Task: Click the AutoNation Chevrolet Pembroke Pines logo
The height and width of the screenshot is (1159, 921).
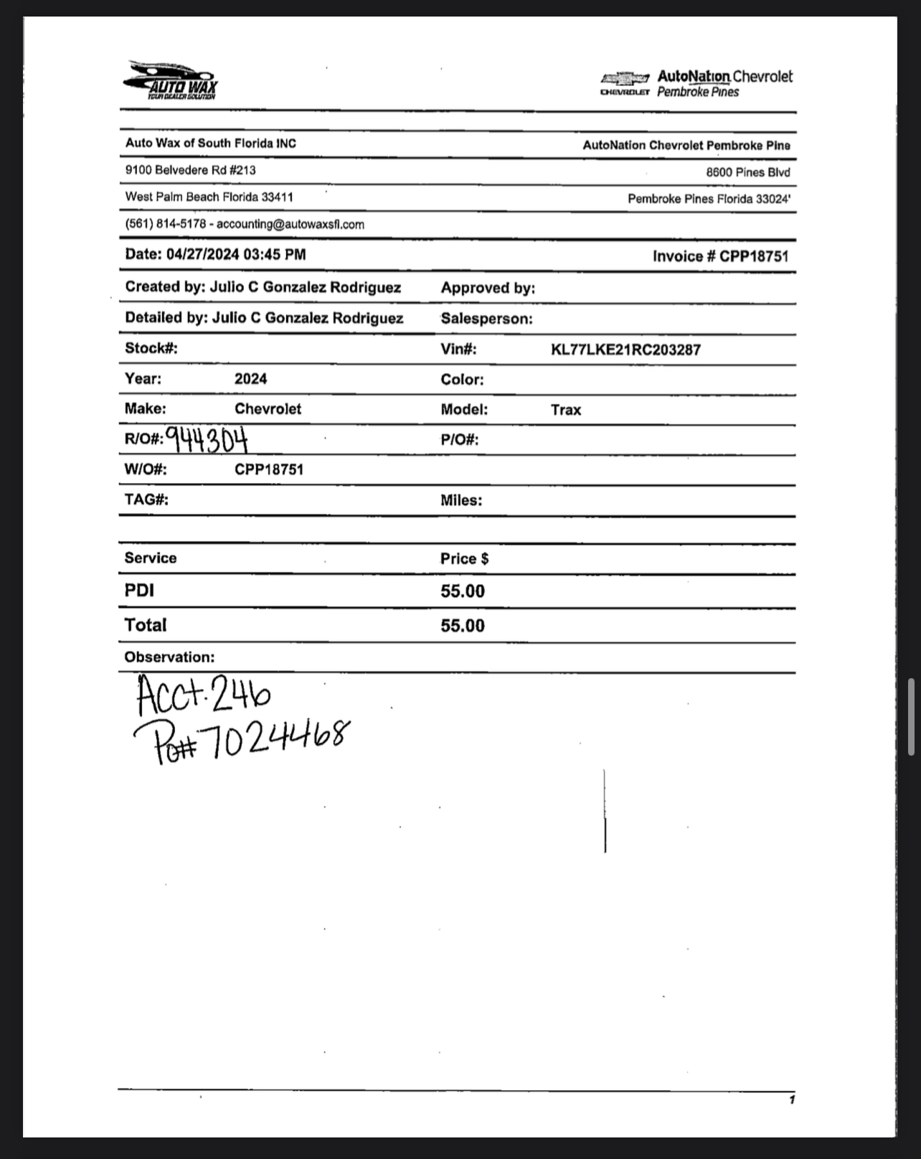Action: pos(696,83)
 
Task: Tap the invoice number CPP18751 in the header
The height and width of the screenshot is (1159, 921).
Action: pos(753,256)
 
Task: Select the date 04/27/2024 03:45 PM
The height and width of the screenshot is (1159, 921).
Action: pos(236,254)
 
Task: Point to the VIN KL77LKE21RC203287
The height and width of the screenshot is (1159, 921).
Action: pos(625,350)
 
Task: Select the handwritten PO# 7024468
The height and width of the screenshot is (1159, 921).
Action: pos(242,739)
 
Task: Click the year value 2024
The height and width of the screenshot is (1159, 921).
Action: pos(250,379)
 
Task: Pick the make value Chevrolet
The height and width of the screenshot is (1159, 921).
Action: pos(268,409)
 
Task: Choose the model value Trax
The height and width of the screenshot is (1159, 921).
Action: pos(566,410)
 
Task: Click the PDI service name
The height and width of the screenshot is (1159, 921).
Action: pos(139,591)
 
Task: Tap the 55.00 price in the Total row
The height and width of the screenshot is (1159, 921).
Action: pos(463,626)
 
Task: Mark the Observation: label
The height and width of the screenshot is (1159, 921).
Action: pos(169,657)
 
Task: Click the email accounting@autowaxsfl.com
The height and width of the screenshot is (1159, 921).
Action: pos(291,225)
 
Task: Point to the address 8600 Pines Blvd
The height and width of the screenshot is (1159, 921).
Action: pos(747,172)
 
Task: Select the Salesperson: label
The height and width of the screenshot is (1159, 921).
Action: pos(486,319)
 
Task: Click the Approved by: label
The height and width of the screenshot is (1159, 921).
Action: pos(488,288)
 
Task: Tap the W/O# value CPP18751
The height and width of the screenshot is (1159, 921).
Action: pos(269,469)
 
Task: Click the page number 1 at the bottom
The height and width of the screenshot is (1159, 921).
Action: pos(791,1100)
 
